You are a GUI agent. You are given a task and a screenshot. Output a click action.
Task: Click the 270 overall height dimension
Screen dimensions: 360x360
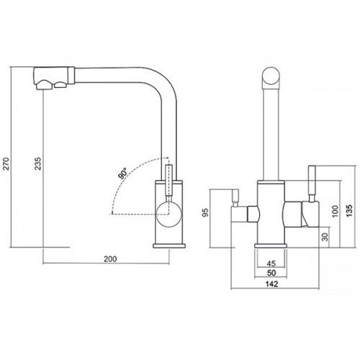(6, 164)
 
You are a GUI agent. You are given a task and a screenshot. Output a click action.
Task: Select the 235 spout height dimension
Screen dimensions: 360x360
(38, 163)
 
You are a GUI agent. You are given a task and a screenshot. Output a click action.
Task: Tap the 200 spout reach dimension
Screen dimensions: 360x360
(110, 259)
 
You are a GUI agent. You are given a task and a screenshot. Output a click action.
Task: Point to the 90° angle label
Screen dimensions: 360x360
(123, 174)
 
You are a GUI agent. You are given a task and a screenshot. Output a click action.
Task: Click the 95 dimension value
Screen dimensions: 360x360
(206, 212)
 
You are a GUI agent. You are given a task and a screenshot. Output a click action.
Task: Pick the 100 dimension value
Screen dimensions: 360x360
(336, 211)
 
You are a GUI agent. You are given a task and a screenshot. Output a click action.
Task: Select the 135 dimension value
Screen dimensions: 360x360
(350, 210)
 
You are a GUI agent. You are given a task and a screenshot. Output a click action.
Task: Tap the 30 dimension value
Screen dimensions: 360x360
(325, 237)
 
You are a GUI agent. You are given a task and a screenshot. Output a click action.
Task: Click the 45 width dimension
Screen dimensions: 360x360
(271, 264)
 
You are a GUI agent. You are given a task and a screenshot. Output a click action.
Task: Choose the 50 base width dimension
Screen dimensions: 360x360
(271, 273)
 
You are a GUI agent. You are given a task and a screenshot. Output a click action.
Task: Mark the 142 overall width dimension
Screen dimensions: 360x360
(272, 284)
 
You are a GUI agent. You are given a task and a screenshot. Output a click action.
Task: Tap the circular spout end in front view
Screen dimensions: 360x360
(271, 76)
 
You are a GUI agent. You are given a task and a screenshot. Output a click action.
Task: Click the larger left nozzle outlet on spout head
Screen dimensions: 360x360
(44, 85)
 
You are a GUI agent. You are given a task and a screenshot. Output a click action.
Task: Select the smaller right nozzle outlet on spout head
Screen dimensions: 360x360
(61, 84)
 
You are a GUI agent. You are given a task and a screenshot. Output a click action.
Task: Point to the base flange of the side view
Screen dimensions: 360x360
(169, 246)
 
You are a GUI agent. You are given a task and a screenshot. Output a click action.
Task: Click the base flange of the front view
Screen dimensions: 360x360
(271, 246)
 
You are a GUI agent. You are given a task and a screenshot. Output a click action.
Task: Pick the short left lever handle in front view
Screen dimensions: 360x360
(235, 198)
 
